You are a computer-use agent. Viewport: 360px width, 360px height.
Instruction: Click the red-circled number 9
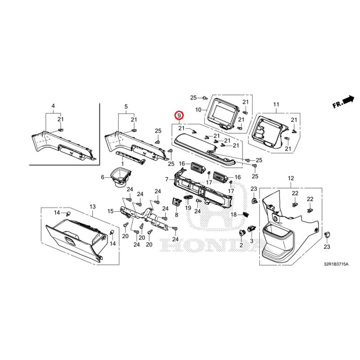tap(179, 115)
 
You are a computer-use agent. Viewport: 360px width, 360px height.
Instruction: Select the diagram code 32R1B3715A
tap(336, 264)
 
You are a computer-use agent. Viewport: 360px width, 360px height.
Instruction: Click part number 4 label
tap(53, 106)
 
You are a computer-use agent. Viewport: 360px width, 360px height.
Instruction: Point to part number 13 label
tap(92, 207)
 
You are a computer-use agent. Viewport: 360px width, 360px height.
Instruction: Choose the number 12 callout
tap(291, 178)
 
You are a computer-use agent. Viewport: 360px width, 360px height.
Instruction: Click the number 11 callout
tap(276, 104)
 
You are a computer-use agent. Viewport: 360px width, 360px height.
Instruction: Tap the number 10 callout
tap(198, 110)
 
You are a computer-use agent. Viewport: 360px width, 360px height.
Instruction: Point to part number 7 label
tap(167, 179)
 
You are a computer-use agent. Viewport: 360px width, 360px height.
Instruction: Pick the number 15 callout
tap(111, 211)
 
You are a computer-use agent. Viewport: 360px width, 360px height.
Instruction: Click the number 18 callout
tap(234, 215)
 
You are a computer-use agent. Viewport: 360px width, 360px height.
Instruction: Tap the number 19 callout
tap(188, 208)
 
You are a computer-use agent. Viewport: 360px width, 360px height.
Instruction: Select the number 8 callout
tap(176, 215)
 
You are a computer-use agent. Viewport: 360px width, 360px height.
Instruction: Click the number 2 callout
tap(241, 245)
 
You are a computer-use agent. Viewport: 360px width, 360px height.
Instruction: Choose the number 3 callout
tap(252, 241)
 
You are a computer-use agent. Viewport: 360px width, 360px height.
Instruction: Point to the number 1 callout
tap(122, 164)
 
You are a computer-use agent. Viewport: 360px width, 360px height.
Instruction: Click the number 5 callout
tap(126, 107)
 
